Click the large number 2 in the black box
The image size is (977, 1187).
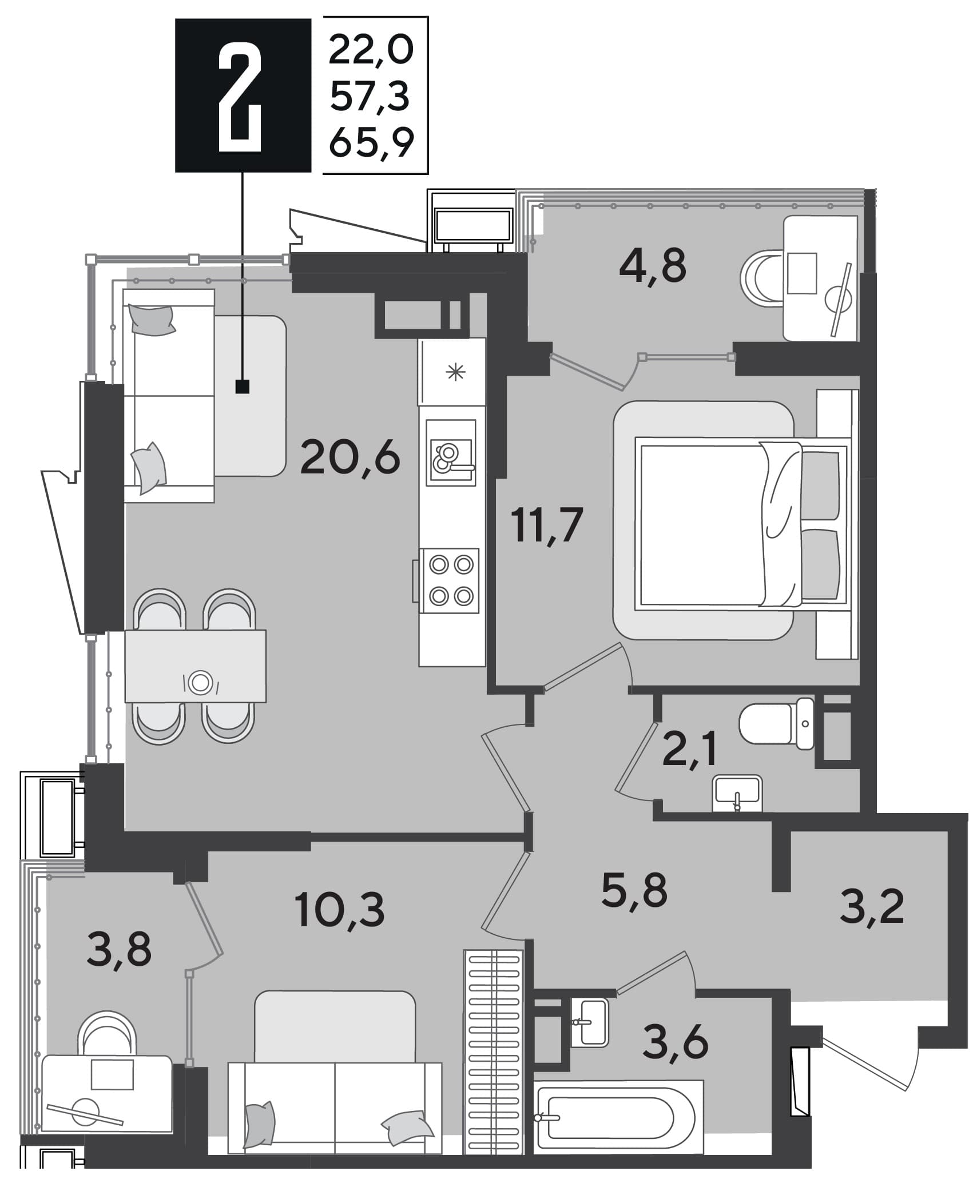click(240, 95)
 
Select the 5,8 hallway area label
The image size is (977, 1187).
click(635, 890)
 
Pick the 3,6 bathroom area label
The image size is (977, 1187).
click(676, 1041)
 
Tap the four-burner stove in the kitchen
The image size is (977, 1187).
click(450, 580)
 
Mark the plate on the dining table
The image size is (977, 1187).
click(200, 683)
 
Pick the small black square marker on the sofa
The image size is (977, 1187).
click(243, 387)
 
